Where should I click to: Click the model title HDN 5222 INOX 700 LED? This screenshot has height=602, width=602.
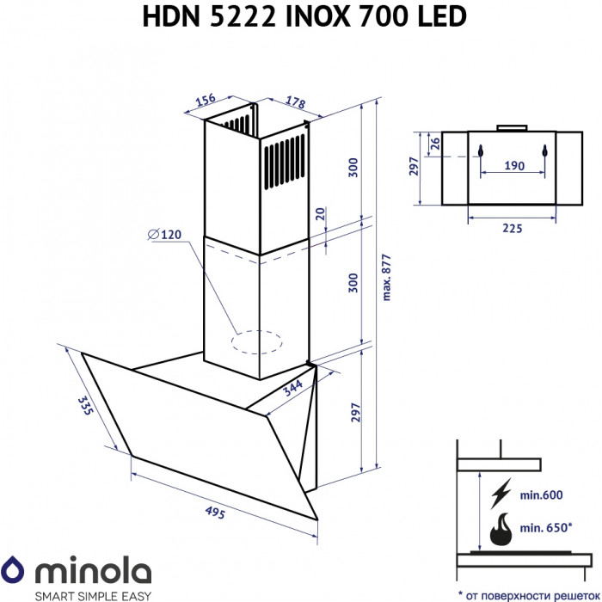(301, 16)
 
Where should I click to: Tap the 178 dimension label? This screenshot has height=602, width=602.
(295, 103)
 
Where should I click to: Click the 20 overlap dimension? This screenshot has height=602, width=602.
(320, 214)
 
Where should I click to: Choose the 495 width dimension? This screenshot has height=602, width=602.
(214, 513)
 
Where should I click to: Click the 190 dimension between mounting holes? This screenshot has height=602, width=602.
(513, 165)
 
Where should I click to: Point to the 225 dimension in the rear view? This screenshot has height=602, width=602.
(513, 228)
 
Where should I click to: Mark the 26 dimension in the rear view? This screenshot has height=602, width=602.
(435, 143)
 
